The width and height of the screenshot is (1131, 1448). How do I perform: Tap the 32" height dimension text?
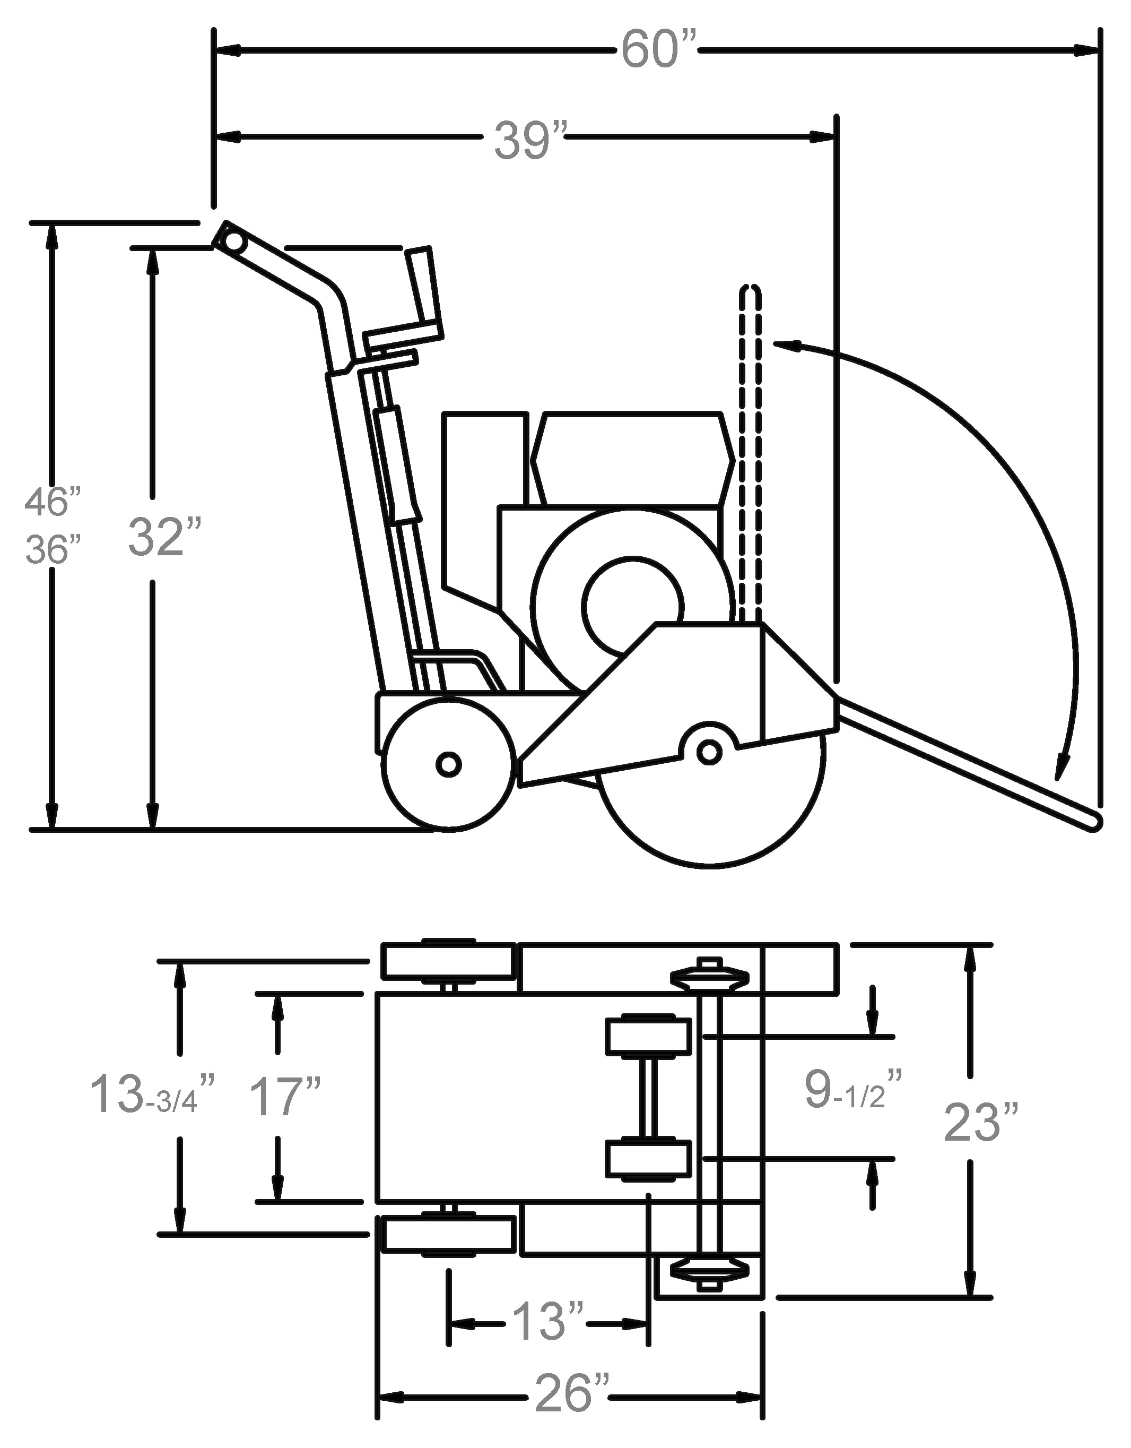click(x=156, y=537)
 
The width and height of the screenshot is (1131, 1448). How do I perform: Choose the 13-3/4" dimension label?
click(x=152, y=1095)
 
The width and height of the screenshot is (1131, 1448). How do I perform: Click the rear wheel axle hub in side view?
click(x=449, y=765)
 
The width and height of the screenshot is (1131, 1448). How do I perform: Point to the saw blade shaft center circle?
click(x=709, y=751)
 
